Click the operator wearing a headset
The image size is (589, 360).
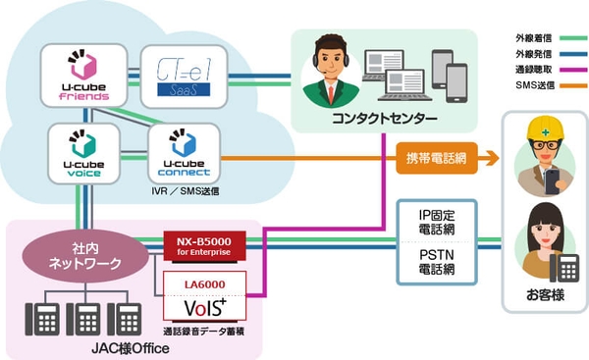click(x=330, y=73)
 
